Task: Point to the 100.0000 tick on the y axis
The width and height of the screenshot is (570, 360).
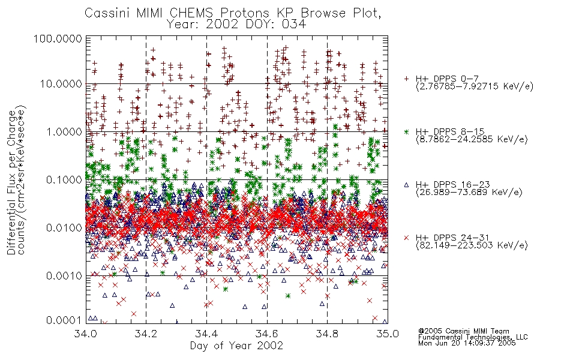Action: coord(58,38)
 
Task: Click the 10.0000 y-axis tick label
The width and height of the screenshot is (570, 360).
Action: coord(61,84)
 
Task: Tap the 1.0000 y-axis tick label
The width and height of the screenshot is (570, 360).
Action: coord(64,131)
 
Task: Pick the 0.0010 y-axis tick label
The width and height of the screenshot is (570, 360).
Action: coord(64,275)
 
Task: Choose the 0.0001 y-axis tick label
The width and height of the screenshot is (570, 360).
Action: coord(64,320)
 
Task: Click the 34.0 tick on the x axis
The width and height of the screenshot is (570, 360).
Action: coord(86,334)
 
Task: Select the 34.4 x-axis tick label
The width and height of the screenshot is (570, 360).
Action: coord(206,334)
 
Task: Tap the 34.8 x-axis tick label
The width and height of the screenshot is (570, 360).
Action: coord(327,334)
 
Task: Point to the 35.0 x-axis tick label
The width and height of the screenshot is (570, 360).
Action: coord(388,334)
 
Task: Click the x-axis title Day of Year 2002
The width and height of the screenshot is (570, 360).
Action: coord(236,345)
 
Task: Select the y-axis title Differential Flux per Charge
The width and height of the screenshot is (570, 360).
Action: coord(11,182)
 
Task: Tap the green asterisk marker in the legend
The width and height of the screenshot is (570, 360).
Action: coord(406,131)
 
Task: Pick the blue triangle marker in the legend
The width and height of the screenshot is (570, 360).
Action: coord(406,185)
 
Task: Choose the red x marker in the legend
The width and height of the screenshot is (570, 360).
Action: coord(406,238)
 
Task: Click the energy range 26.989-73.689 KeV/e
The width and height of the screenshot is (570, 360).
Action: coord(469,192)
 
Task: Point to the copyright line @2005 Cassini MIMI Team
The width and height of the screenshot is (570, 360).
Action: coord(463,331)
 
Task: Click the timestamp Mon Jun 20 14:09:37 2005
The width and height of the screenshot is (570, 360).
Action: coord(467,343)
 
